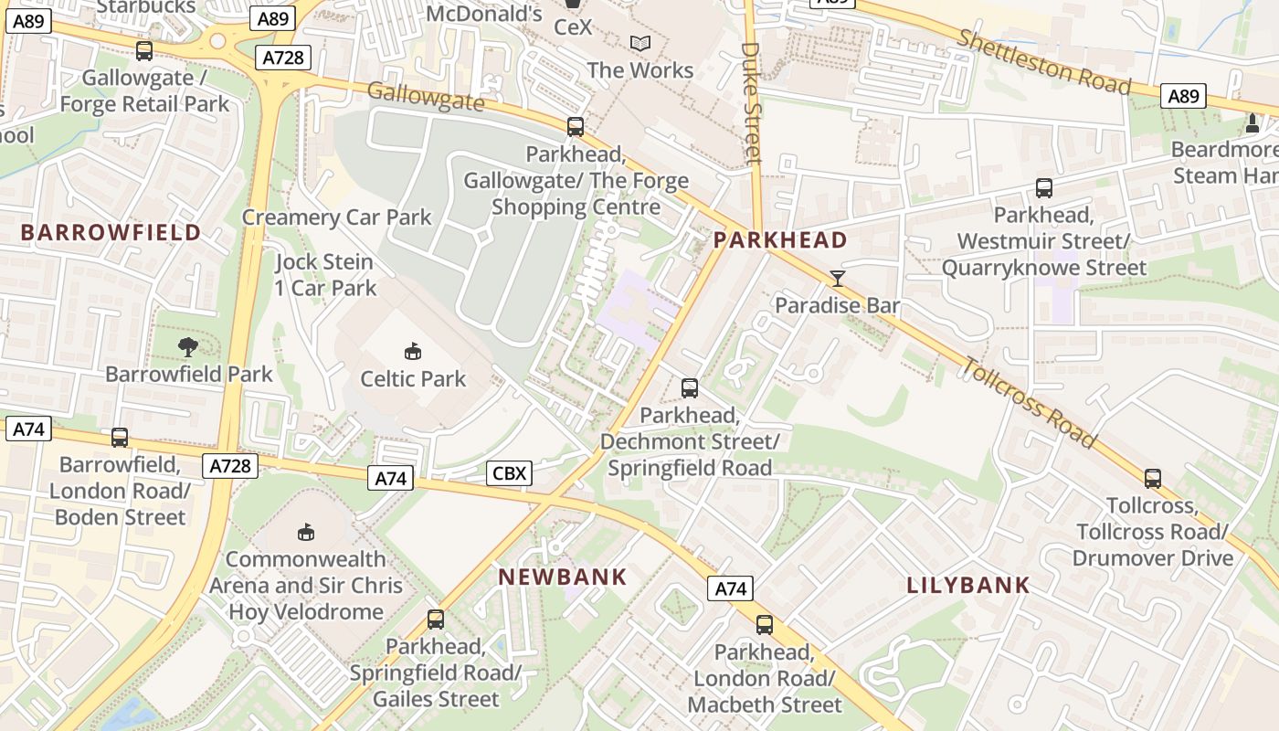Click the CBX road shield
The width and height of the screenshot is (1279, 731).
point(510,472)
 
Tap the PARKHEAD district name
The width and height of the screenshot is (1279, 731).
point(780,240)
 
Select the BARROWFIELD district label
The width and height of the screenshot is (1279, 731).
point(111,232)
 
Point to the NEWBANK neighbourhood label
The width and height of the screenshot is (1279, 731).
point(563,577)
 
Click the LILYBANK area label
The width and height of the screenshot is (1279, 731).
point(968,586)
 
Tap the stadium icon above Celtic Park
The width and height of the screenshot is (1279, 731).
point(413,351)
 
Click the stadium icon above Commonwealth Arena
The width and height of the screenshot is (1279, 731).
point(306,532)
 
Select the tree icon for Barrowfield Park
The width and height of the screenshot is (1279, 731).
point(188,346)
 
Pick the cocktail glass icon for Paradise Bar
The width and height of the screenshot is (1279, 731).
point(838,279)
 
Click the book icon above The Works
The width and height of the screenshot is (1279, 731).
point(640,43)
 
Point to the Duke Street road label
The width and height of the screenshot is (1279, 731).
point(752,102)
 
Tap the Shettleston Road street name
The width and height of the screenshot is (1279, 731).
point(1043,61)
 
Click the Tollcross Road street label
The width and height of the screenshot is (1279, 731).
point(1029,402)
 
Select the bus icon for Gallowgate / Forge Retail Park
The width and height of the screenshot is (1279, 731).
point(144,51)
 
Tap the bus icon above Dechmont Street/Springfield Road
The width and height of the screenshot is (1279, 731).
point(690,388)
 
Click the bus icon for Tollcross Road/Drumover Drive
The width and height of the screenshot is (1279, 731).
point(1153,478)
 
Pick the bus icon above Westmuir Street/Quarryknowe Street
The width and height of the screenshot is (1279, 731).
point(1044,189)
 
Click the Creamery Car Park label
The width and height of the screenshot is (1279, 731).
point(336,217)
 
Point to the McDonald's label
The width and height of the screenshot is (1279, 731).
point(484,14)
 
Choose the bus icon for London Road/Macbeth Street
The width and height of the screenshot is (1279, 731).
point(765,625)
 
